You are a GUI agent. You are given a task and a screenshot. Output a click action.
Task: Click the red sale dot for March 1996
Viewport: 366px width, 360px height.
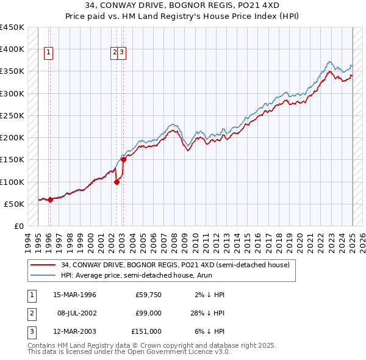click(x=49, y=200)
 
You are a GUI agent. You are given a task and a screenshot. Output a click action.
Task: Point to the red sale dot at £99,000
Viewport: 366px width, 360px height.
click(x=117, y=182)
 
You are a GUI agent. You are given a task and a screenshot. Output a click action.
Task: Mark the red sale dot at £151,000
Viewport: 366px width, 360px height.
click(x=123, y=159)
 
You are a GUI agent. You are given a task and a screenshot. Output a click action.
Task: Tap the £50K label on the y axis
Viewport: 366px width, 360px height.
click(x=15, y=204)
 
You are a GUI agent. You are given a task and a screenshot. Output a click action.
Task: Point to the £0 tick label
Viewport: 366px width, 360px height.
click(x=18, y=226)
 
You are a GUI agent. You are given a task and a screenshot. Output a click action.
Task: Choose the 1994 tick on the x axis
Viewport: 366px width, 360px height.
click(x=27, y=240)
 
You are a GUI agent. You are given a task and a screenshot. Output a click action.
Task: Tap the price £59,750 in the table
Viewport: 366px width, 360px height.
click(x=148, y=295)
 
